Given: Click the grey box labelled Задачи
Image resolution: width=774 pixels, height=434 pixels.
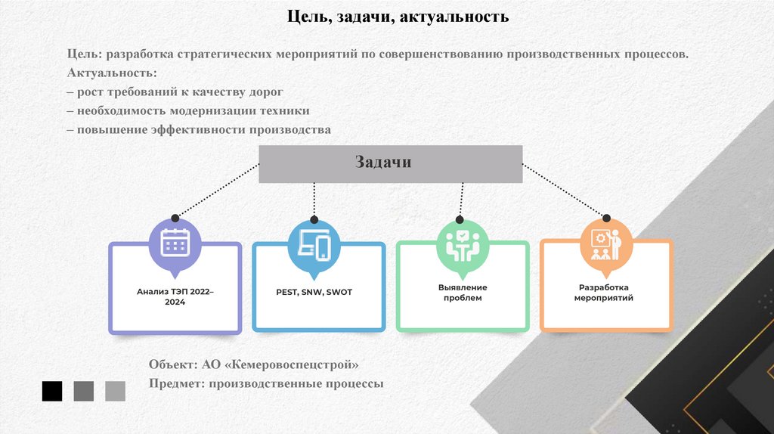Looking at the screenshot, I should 390,163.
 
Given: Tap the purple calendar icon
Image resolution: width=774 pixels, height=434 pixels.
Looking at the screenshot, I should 175,241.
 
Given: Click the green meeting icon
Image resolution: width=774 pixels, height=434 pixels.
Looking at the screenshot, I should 459,243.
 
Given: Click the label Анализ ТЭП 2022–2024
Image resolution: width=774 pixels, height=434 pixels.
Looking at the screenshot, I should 175,296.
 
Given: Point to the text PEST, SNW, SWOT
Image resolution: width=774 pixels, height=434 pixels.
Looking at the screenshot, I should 314,292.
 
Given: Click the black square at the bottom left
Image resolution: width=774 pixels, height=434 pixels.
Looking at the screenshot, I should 52,391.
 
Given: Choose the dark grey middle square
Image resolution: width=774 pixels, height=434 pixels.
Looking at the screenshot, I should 84,391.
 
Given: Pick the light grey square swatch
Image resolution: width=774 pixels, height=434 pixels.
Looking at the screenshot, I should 116,391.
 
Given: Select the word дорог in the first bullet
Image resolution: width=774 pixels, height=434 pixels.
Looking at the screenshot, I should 266,92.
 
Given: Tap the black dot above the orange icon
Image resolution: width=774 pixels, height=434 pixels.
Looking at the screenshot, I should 605,216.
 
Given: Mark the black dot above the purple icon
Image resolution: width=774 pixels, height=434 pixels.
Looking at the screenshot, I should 174,216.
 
